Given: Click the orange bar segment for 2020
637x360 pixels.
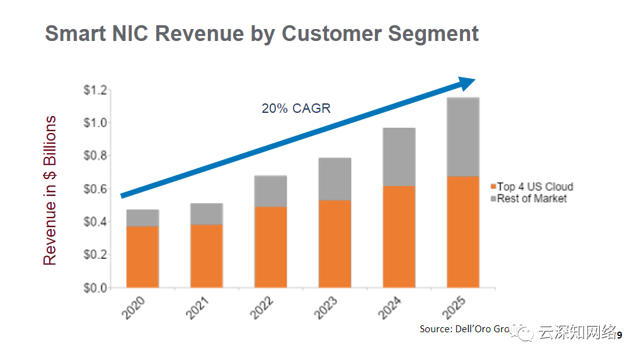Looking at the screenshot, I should click(142, 257).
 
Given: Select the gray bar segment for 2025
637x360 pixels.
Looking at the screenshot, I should click(463, 137).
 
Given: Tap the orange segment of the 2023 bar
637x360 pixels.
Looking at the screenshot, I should click(335, 243).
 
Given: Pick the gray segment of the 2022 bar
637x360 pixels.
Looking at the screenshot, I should click(270, 191).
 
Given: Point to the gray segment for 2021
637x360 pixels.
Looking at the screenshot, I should click(207, 214).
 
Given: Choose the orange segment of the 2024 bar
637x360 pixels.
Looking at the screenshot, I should click(399, 236).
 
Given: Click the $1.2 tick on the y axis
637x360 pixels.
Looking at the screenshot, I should click(96, 90).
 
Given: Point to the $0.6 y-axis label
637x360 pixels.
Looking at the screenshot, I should click(96, 189).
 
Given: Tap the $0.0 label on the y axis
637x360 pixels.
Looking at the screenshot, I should click(96, 288).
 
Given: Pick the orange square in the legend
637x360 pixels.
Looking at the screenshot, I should click(493, 187).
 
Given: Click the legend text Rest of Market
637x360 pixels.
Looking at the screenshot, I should click(532, 199).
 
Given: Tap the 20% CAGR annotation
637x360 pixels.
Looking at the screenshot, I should click(296, 108).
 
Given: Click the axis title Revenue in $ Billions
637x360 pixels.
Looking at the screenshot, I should click(50, 190).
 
